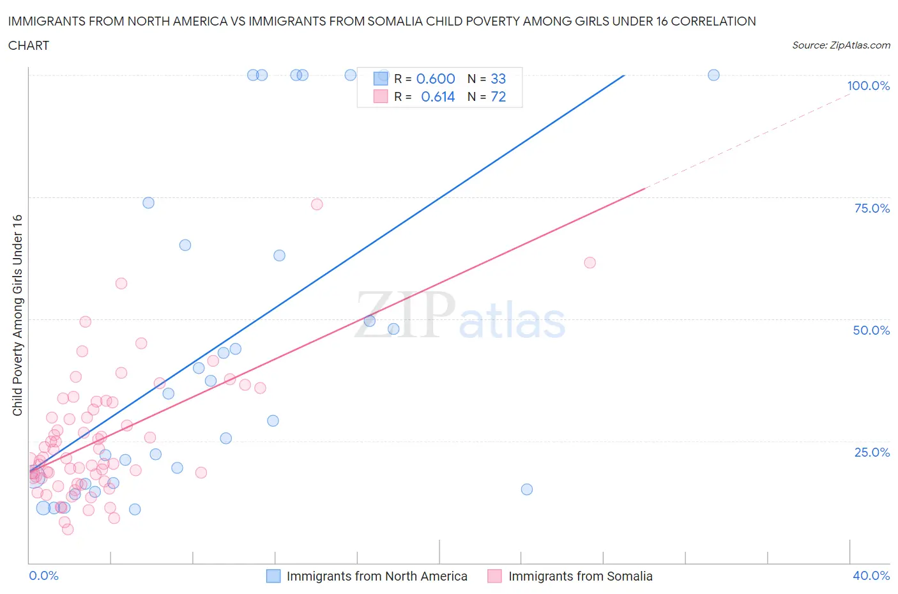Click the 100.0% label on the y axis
(x=868, y=86)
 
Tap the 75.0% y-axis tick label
(x=871, y=208)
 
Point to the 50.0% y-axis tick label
(x=871, y=330)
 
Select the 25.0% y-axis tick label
(x=871, y=452)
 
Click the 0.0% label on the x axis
(x=43, y=575)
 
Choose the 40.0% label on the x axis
(x=871, y=575)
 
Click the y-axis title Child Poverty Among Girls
(x=17, y=315)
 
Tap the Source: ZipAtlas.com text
(x=841, y=45)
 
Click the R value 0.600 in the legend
(x=436, y=79)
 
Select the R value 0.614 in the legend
(x=438, y=96)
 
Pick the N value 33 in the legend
(x=498, y=79)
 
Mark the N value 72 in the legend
(x=498, y=96)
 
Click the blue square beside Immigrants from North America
(x=273, y=576)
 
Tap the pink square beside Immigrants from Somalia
(x=494, y=576)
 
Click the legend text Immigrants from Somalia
(x=580, y=576)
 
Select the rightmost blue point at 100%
(x=713, y=75)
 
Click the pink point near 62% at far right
(x=590, y=263)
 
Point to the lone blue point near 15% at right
(x=526, y=489)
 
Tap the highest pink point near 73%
(x=316, y=204)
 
